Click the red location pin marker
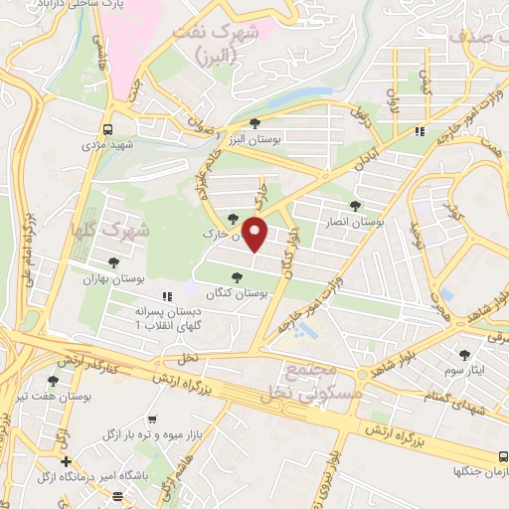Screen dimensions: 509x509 pyautogui.click(x=255, y=235)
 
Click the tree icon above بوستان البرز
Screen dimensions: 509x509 pyautogui.click(x=255, y=123)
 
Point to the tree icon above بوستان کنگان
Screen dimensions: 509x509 pyautogui.click(x=236, y=278)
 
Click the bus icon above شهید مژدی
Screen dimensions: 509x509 pyautogui.click(x=107, y=129)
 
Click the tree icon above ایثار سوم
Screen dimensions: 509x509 pyautogui.click(x=464, y=354)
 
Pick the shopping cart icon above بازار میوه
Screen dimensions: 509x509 pyautogui.click(x=151, y=421)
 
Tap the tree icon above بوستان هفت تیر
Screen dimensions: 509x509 pyautogui.click(x=53, y=380)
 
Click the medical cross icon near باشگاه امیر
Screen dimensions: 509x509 pyautogui.click(x=66, y=462)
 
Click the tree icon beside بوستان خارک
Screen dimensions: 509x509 pyautogui.click(x=233, y=219)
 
